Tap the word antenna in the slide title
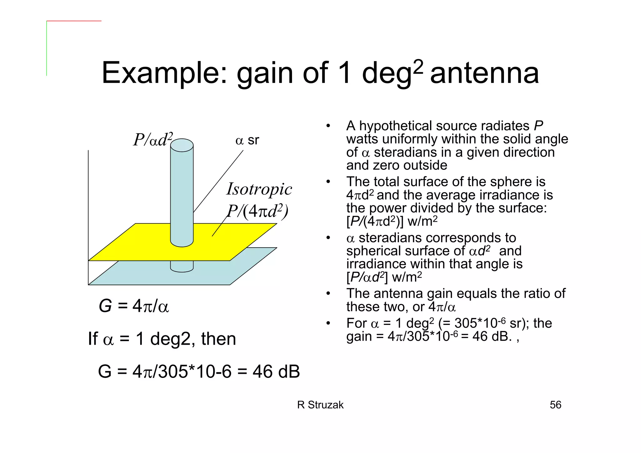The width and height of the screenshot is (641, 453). pos(485,73)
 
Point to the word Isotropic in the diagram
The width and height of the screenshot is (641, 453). pos(259,189)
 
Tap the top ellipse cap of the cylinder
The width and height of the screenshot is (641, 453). pos(182,145)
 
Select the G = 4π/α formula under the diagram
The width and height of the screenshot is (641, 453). pos(134,306)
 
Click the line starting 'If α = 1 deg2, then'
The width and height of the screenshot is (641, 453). pos(162,339)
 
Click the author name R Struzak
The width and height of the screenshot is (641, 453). pos(320,405)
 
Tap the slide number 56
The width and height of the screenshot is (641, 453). pos(556,405)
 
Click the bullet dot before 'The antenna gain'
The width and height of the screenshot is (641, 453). pos(328,294)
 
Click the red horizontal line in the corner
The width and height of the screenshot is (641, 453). pos(74,21)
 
